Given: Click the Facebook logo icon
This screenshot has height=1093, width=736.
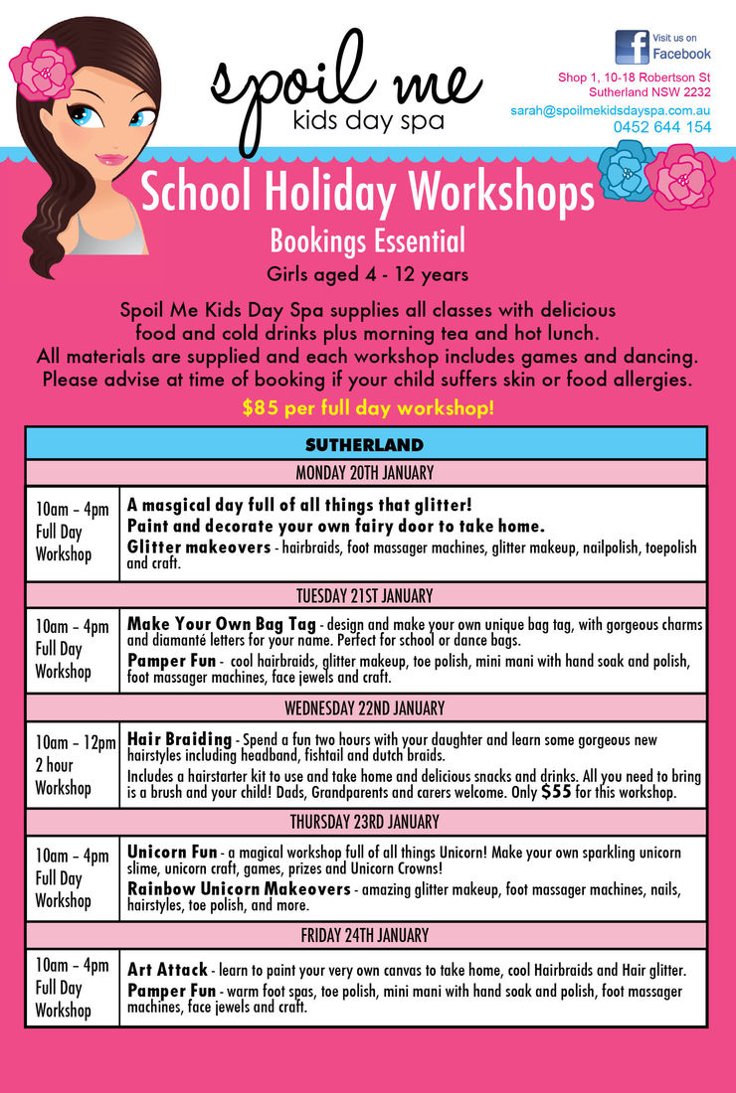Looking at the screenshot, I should point(632,47).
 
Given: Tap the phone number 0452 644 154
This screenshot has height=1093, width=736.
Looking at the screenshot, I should point(662,127).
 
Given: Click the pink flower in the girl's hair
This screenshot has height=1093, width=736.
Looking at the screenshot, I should point(42,70).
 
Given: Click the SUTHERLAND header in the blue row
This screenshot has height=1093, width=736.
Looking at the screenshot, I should point(365,444).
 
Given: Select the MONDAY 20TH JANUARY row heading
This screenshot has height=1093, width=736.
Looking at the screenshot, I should point(365,473).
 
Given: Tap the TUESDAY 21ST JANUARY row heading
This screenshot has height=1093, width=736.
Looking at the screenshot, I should point(365,596).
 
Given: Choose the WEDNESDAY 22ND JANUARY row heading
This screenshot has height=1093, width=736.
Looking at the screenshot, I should point(365,708).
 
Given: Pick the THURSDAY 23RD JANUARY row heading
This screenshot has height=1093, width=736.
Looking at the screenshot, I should point(365,823).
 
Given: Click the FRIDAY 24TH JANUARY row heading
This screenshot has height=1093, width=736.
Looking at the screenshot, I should point(365,936).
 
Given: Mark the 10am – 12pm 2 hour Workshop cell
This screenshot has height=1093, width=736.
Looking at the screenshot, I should point(72,765).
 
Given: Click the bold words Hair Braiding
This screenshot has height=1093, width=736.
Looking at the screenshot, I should point(179,741).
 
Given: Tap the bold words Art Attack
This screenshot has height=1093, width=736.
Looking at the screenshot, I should point(167,969).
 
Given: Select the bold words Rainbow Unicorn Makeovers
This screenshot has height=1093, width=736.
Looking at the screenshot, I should point(239,888).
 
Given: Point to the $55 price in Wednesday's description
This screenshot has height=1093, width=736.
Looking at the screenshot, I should point(556,792).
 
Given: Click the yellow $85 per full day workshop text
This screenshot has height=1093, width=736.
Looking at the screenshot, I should point(367,408).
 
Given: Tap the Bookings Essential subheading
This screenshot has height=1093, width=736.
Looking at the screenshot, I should point(367,240).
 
